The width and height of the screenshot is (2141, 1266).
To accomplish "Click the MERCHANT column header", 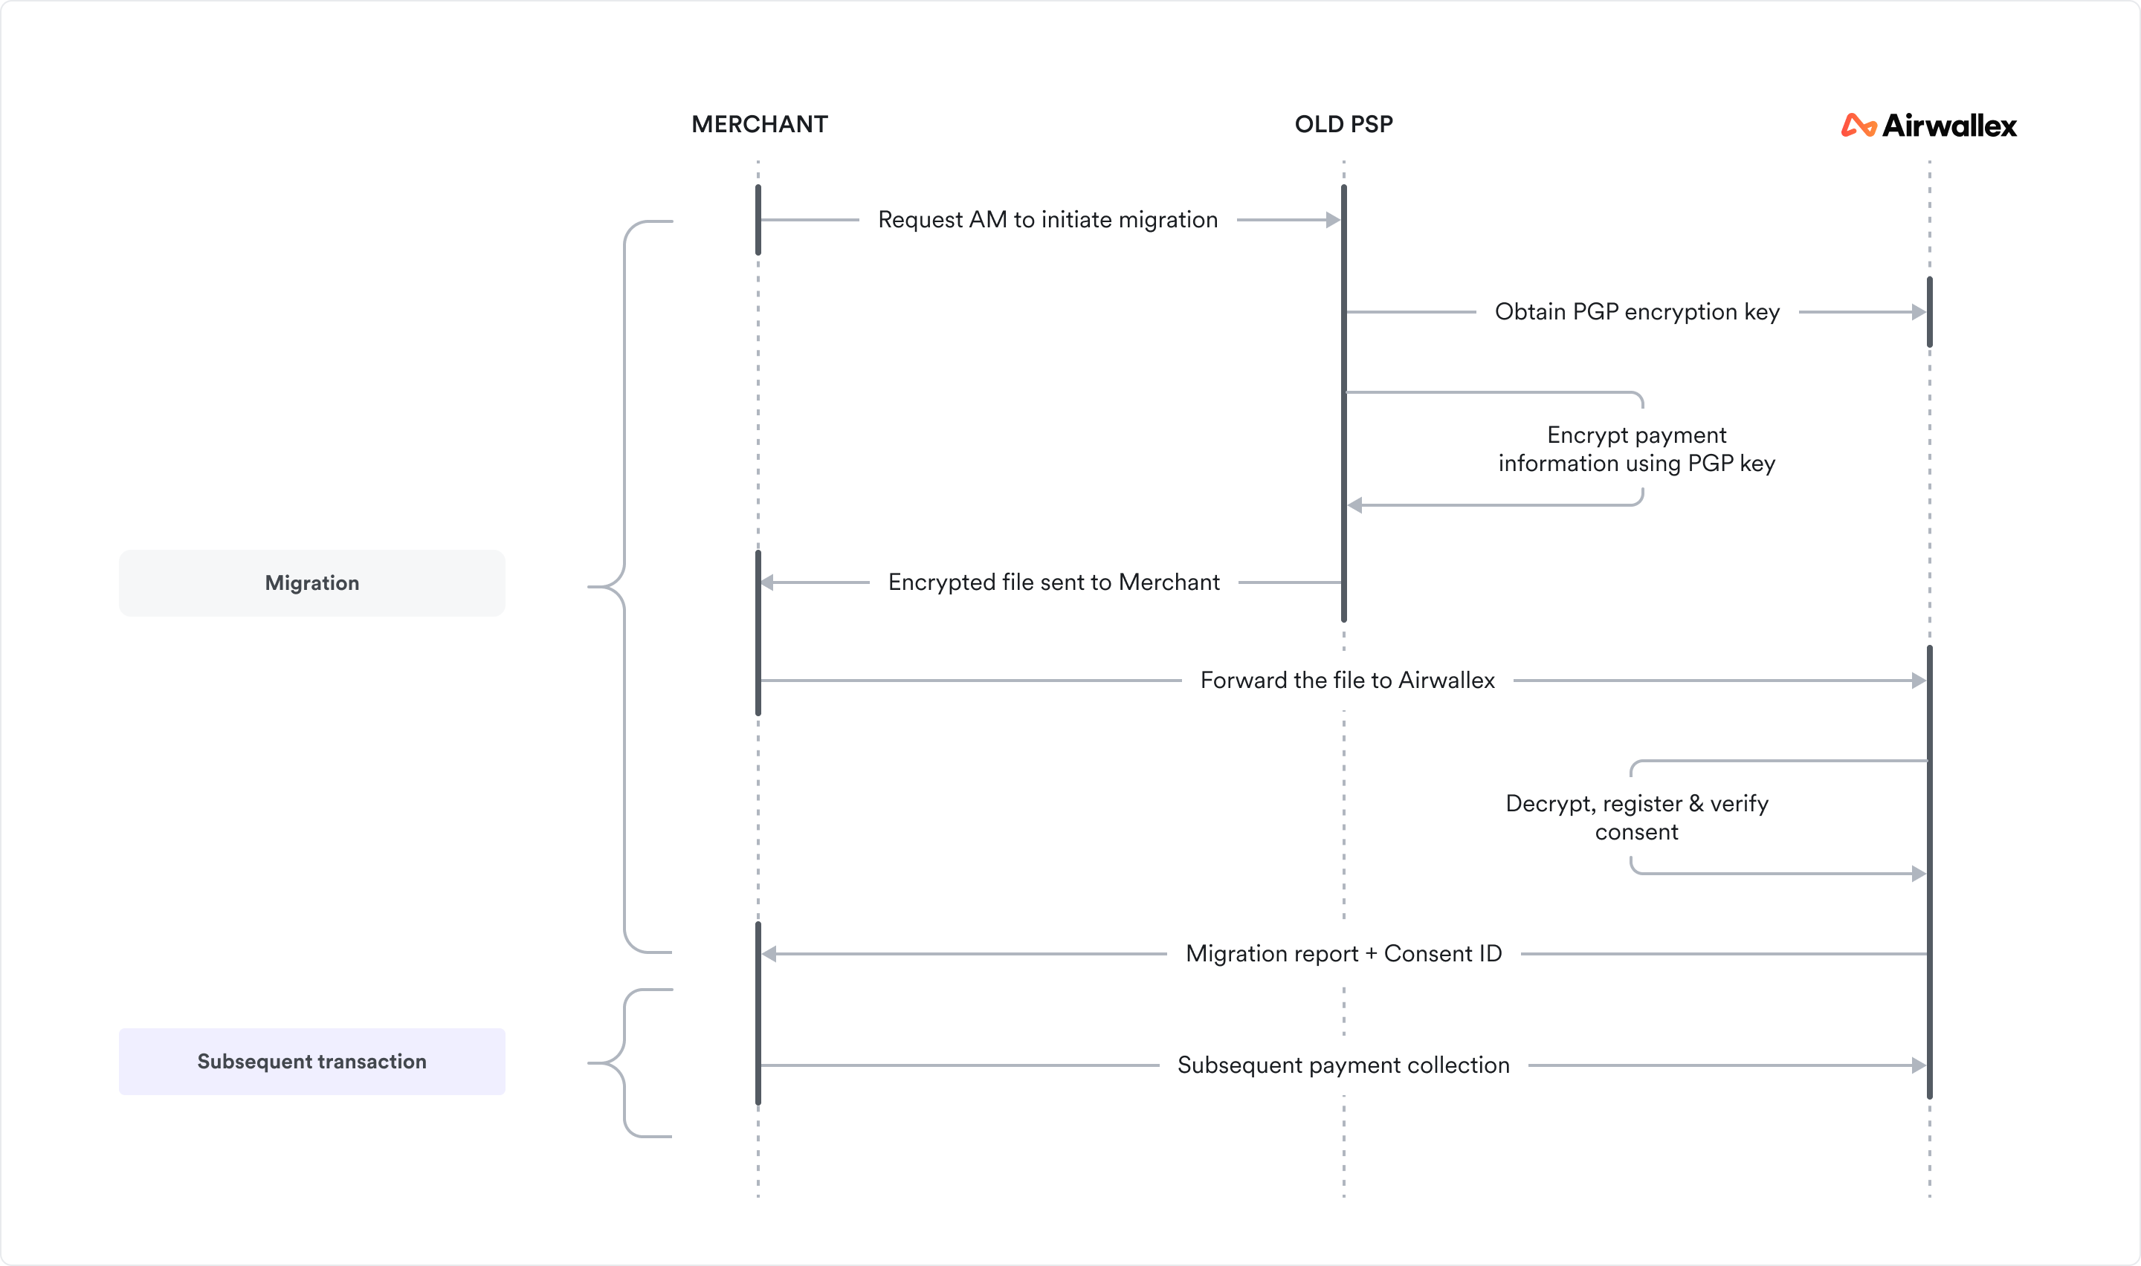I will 758,125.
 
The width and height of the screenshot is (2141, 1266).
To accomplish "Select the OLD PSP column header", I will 1343,125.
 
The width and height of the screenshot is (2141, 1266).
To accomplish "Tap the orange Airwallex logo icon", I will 1858,126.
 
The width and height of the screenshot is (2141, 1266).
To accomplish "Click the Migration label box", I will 311,582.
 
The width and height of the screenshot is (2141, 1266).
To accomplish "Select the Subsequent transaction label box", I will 311,1061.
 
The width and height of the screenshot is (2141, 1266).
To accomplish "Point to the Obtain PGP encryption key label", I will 1637,312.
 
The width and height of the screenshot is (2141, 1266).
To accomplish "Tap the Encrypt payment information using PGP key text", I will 1637,449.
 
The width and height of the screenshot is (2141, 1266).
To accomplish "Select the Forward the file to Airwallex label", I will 1346,681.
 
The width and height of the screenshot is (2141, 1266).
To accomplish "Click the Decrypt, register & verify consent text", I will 1637,817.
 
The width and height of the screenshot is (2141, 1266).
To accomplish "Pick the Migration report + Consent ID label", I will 1343,954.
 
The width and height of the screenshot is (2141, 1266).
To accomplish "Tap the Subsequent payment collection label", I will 1343,1065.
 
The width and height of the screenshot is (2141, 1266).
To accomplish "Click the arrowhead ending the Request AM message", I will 1333,220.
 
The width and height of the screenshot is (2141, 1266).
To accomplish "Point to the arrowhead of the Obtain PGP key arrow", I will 1918,312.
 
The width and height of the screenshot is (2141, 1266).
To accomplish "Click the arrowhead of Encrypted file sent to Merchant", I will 767,582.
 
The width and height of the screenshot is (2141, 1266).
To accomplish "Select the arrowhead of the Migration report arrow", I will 769,954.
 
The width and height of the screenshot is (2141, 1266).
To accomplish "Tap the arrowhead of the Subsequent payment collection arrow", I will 1918,1065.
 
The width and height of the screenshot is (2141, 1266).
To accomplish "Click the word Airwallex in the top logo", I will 1949,126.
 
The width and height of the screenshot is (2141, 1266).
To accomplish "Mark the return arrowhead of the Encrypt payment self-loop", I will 1355,505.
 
